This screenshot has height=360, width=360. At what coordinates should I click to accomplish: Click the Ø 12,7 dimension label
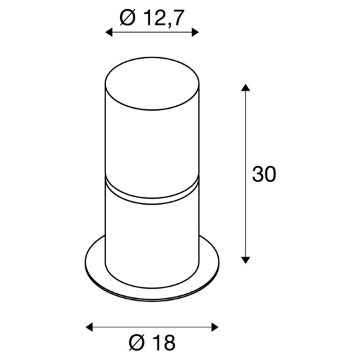pyautogui.click(x=151, y=18)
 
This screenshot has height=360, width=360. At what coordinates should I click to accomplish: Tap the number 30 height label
pyautogui.click(x=263, y=174)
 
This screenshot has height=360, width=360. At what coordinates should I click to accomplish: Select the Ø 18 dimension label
pyautogui.click(x=153, y=343)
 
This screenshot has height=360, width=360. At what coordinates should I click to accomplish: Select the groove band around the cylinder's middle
pyautogui.click(x=152, y=192)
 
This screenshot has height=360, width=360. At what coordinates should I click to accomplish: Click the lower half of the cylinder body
pyautogui.click(x=152, y=233)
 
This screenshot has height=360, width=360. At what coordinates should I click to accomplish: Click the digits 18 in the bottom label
pyautogui.click(x=163, y=343)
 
